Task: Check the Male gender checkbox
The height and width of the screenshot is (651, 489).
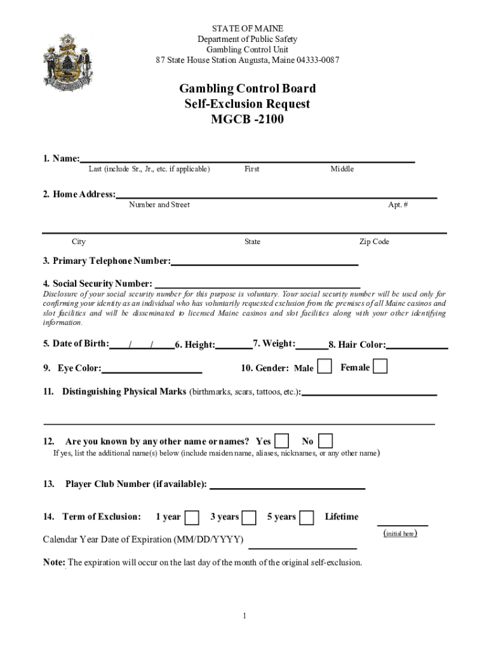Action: (324, 367)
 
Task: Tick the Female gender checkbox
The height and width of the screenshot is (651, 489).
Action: (380, 367)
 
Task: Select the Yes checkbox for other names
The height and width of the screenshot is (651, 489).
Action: (281, 441)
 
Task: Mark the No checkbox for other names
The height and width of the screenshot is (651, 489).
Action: (325, 441)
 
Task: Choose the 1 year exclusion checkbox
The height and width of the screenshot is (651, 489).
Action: (191, 517)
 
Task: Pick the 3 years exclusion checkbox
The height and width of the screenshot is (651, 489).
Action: (249, 517)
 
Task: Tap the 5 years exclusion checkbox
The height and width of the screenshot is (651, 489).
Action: (306, 517)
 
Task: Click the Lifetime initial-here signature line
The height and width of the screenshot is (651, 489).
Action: (402, 524)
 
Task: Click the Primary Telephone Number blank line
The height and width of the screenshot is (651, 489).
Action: (264, 263)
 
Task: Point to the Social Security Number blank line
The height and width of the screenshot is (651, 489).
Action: (257, 286)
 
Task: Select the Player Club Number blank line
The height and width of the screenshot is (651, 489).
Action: (287, 487)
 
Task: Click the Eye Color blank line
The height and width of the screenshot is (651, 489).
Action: (152, 371)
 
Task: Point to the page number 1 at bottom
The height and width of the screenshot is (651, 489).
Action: (244, 615)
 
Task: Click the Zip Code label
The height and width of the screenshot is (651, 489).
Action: (374, 242)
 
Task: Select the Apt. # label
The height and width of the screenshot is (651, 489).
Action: (398, 205)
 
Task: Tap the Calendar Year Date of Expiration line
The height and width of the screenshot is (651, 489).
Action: (302, 547)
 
